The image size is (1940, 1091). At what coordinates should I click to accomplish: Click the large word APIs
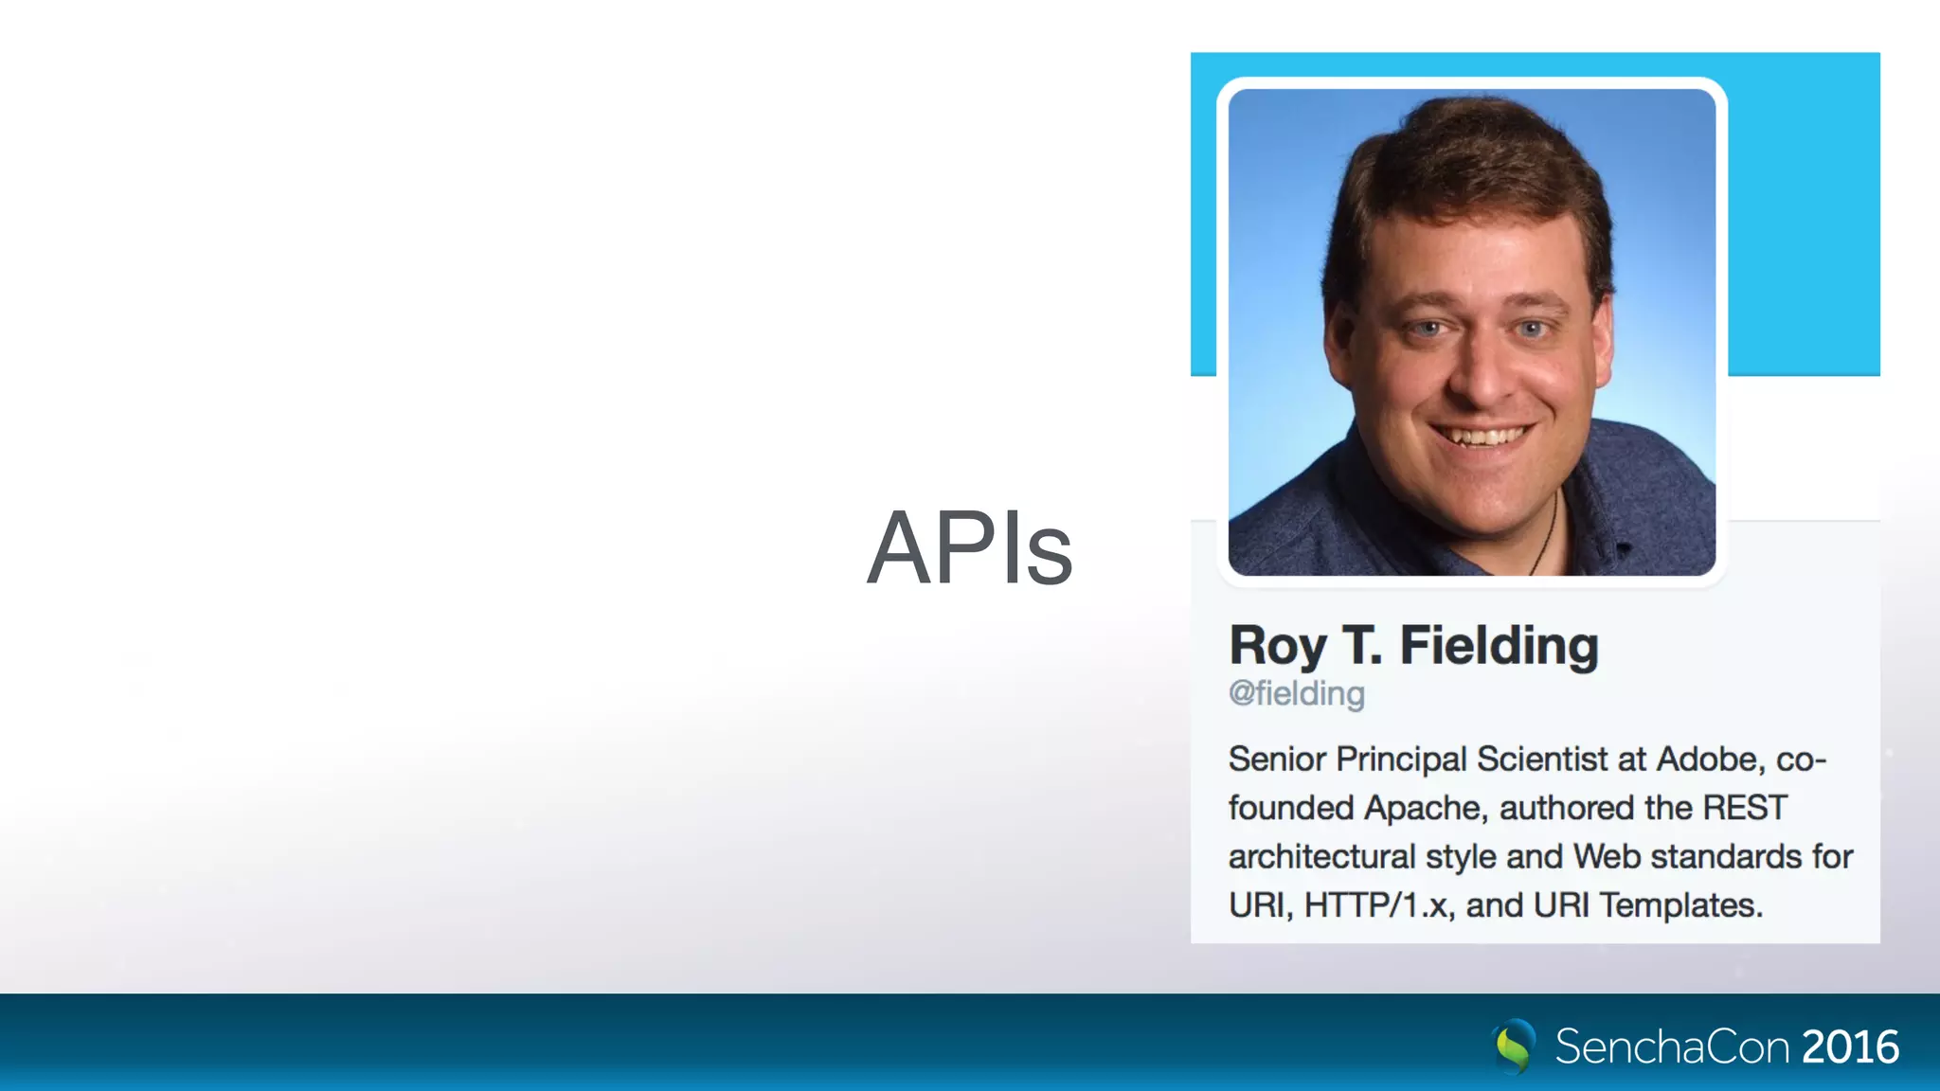[969, 548]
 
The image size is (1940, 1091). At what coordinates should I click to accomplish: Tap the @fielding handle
[1296, 694]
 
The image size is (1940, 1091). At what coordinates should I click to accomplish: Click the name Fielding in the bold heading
[1499, 647]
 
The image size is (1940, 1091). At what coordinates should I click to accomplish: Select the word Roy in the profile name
[1278, 647]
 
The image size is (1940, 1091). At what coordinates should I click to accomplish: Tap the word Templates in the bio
[1680, 905]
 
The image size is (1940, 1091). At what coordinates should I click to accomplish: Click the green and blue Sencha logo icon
[1514, 1046]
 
